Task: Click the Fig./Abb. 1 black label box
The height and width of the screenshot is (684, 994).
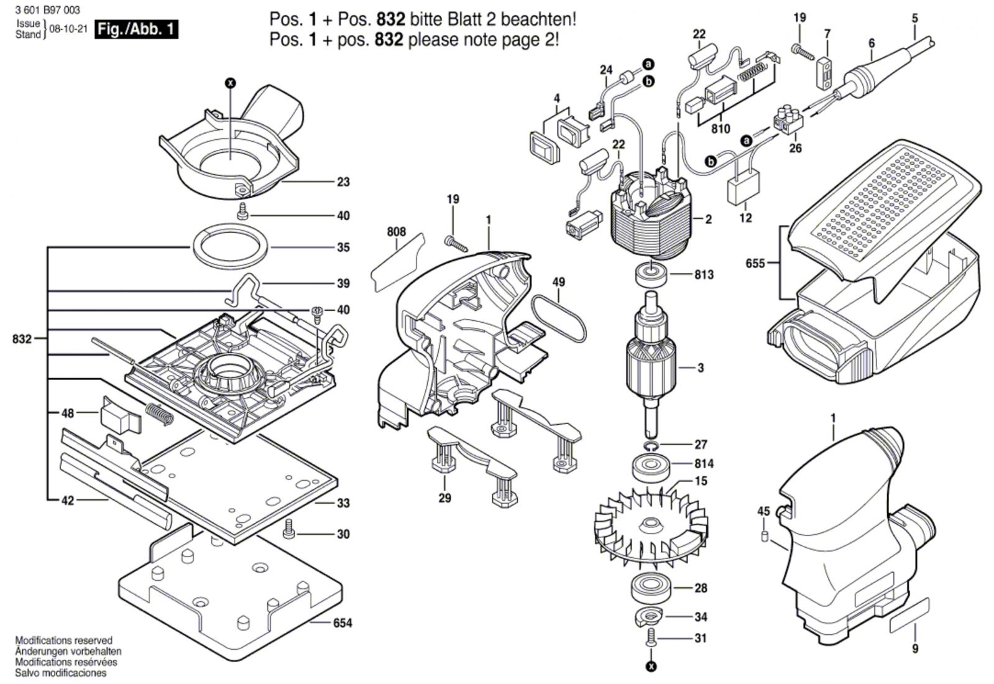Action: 136,30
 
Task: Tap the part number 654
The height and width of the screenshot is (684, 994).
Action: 343,622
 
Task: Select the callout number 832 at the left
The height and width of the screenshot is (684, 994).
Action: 22,339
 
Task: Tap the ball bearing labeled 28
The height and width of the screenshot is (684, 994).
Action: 651,589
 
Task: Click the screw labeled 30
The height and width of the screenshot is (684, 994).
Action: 289,529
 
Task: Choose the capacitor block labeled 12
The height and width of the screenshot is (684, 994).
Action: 742,188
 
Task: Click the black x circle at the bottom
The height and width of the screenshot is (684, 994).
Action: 651,667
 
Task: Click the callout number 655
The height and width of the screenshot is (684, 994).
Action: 755,264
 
